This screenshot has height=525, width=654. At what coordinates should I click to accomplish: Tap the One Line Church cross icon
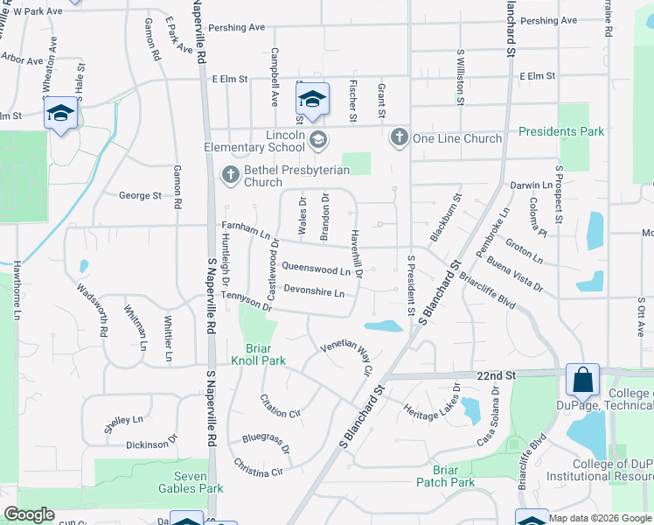click(x=400, y=137)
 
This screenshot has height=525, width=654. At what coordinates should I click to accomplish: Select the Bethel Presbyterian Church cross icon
click(x=231, y=174)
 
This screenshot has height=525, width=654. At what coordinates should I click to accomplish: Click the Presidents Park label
click(x=560, y=132)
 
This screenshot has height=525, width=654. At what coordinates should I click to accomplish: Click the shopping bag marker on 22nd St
click(x=582, y=381)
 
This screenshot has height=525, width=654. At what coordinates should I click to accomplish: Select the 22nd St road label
click(x=497, y=374)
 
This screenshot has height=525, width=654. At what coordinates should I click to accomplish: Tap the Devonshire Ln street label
click(x=314, y=290)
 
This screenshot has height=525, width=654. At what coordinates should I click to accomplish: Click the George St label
click(x=140, y=195)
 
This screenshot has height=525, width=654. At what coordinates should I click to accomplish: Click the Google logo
click(x=29, y=515)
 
